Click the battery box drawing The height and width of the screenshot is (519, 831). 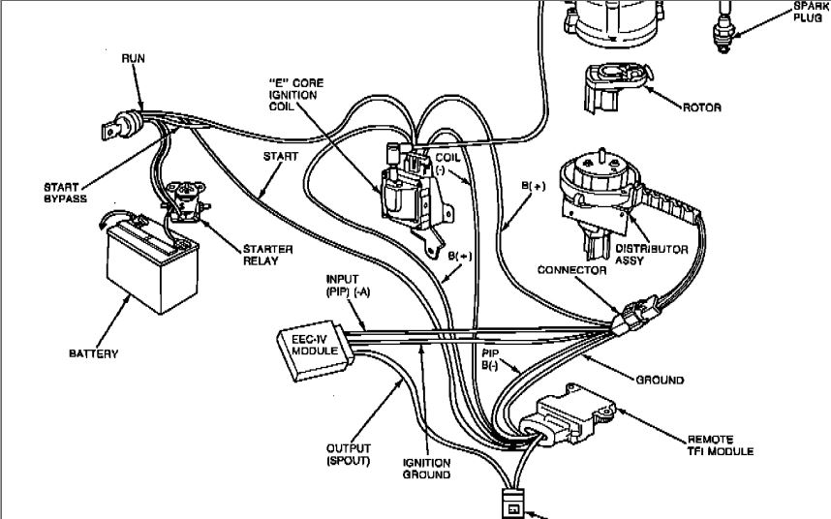pyautogui.click(x=152, y=263)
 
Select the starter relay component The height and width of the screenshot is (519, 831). pyautogui.click(x=186, y=201)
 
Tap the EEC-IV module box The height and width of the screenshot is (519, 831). pyautogui.click(x=316, y=350)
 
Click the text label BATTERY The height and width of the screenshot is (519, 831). pyautogui.click(x=93, y=353)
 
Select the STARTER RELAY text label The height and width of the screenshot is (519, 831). pyautogui.click(x=267, y=255)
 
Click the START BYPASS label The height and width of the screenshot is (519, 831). pyautogui.click(x=65, y=193)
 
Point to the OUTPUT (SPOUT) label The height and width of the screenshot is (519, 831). pyautogui.click(x=349, y=454)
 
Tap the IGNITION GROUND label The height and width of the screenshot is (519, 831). pyautogui.click(x=426, y=469)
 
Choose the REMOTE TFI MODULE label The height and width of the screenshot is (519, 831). pyautogui.click(x=721, y=445)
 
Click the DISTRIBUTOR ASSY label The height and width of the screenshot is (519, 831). pyautogui.click(x=652, y=255)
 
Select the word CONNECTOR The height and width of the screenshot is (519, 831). pyautogui.click(x=571, y=270)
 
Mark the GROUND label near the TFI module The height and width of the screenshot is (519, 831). pyautogui.click(x=660, y=380)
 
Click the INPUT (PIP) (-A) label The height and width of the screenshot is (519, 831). pyautogui.click(x=349, y=285)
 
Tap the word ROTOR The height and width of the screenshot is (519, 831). pyautogui.click(x=701, y=107)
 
